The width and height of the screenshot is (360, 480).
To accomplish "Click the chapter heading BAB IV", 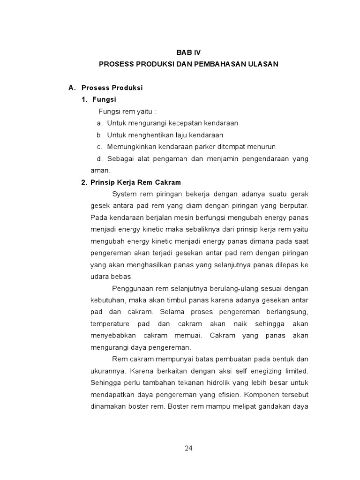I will (x=188, y=52).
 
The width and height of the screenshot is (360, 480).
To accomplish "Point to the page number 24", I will (x=188, y=448).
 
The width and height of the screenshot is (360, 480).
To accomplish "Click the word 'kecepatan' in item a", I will (x=174, y=123).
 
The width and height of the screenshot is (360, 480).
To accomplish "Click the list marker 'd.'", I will (x=99, y=159).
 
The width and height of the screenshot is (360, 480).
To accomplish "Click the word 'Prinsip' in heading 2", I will (x=103, y=182).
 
